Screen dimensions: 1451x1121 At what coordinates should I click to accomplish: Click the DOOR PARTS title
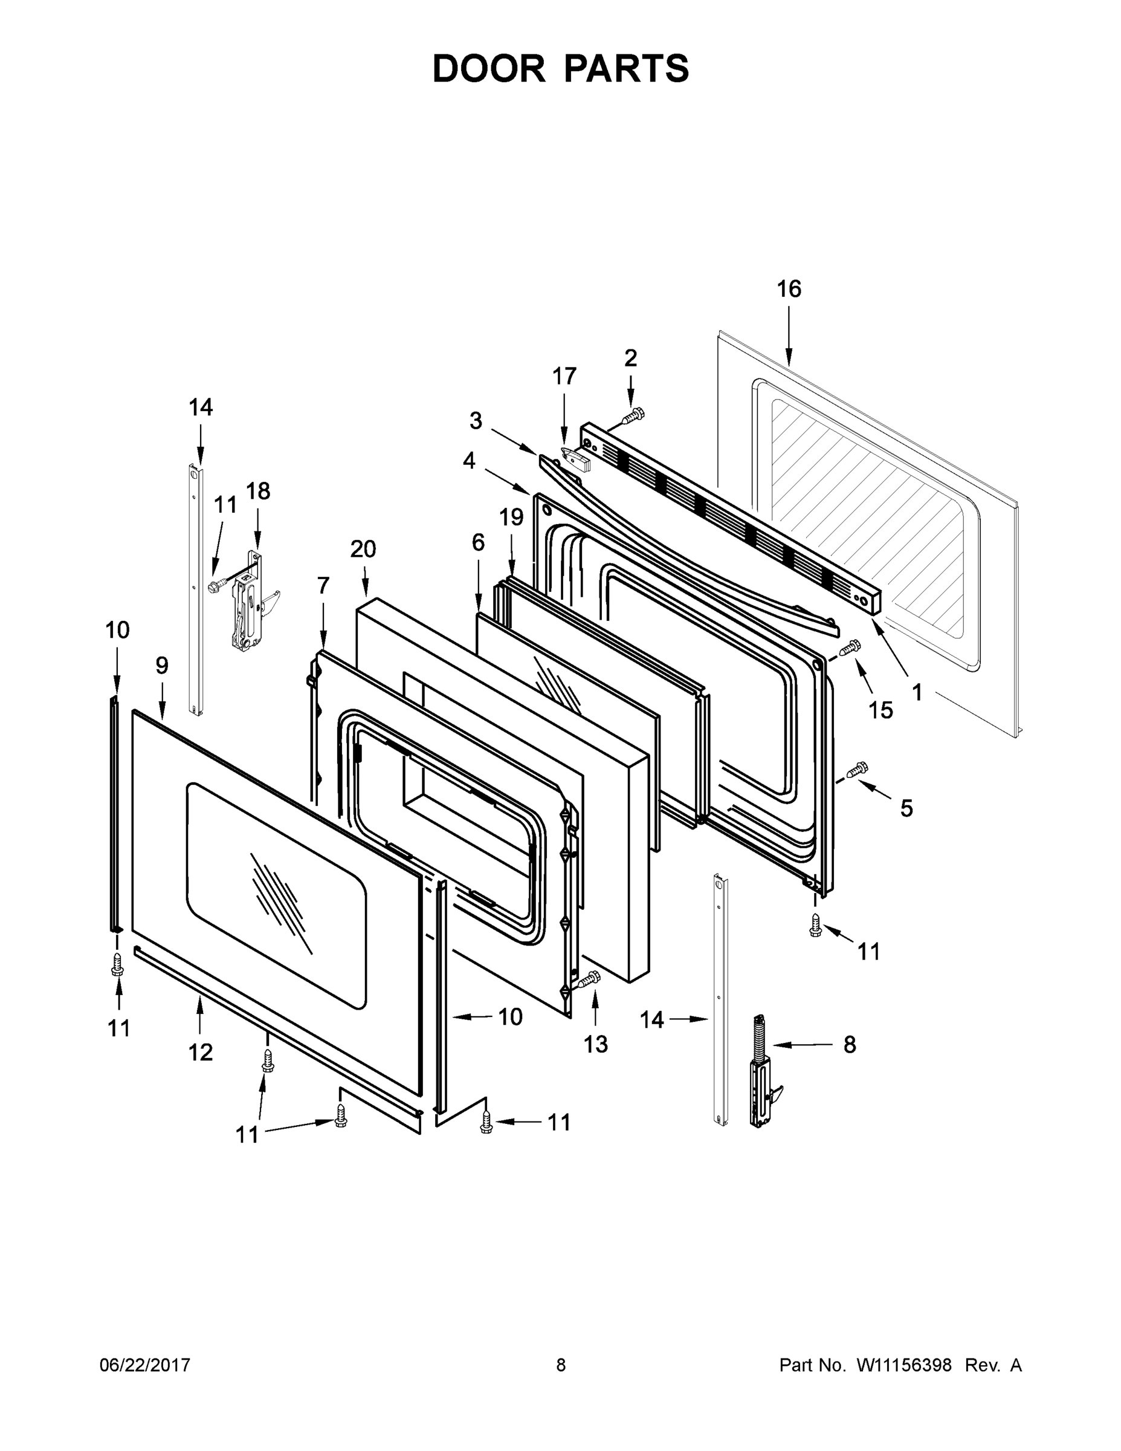click(x=561, y=68)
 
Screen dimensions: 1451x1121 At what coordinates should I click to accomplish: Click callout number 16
click(x=789, y=289)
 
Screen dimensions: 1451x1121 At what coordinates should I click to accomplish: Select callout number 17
click(x=564, y=376)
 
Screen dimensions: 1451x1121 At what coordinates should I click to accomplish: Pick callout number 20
click(x=363, y=549)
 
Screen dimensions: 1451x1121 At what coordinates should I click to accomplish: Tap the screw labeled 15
click(x=850, y=646)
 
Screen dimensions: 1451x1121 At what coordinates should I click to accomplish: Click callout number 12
click(x=200, y=1052)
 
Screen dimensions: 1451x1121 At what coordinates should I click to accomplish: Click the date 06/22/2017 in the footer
click(x=145, y=1365)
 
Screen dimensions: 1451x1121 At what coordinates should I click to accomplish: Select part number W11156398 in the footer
click(x=904, y=1365)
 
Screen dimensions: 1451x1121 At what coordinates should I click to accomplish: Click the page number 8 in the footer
click(x=561, y=1365)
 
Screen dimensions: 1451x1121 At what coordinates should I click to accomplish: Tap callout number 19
click(x=511, y=516)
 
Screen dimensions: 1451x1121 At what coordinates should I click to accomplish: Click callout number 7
click(x=323, y=585)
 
